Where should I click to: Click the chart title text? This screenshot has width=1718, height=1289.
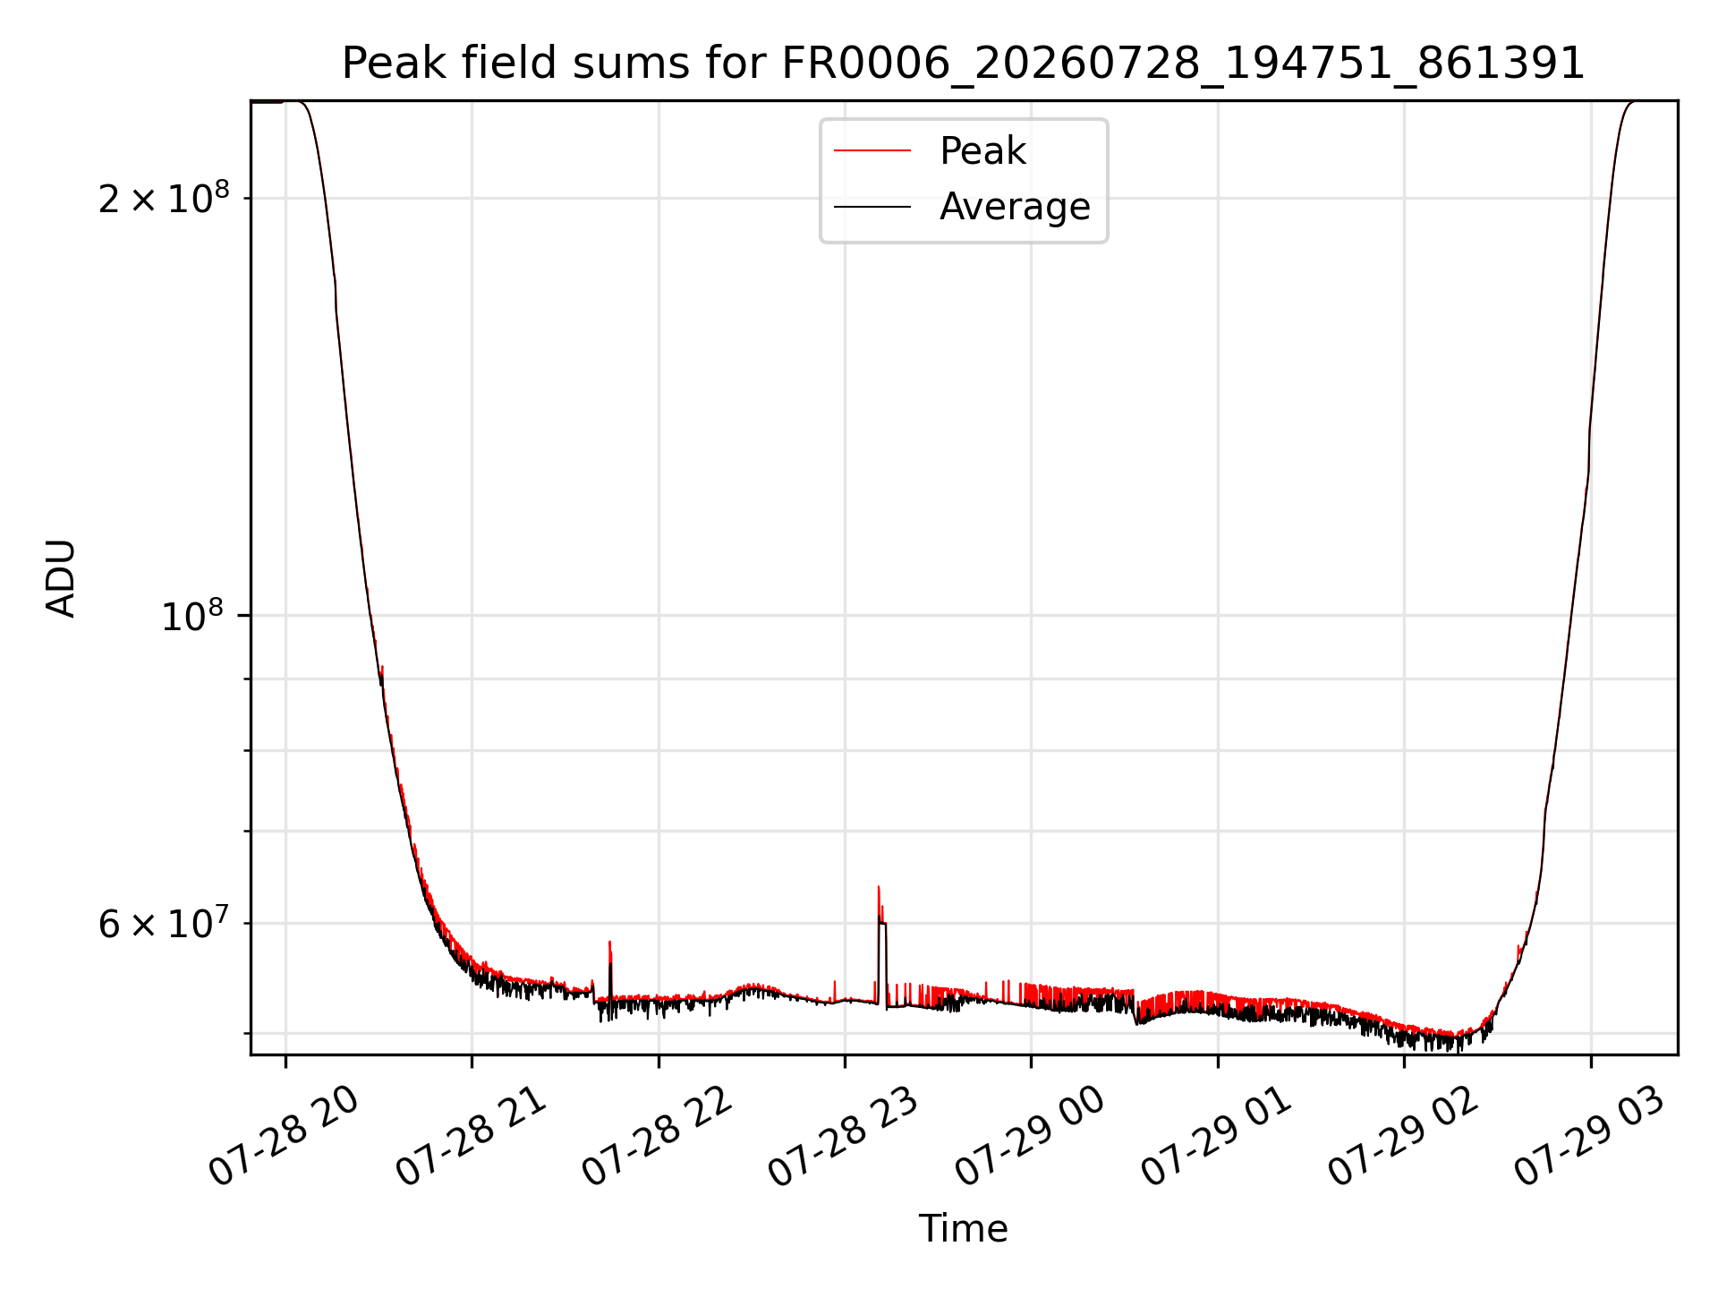(x=963, y=64)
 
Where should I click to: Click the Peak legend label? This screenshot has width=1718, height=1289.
(x=982, y=151)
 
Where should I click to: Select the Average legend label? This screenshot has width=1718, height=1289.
(x=1015, y=207)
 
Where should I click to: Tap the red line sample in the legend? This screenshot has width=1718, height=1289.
(x=872, y=151)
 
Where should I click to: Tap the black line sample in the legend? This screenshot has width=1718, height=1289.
(x=872, y=207)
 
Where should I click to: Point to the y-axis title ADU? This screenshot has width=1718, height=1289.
(x=61, y=578)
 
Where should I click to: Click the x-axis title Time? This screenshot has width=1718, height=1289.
(x=963, y=1229)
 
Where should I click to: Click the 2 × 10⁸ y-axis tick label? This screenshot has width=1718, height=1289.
(x=164, y=198)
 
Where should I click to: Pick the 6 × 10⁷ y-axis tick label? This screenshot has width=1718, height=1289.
(x=164, y=923)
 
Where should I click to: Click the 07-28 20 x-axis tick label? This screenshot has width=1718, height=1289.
(x=285, y=1137)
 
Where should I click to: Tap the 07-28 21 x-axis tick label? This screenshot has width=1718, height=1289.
(x=472, y=1137)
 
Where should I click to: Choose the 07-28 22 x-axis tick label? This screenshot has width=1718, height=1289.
(x=658, y=1137)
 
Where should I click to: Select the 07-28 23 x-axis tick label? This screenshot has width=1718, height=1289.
(x=844, y=1137)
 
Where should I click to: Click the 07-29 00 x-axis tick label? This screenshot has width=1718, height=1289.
(x=1031, y=1137)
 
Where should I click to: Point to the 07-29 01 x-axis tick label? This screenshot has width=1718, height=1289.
(x=1217, y=1137)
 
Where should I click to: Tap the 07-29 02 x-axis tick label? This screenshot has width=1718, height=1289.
(x=1403, y=1137)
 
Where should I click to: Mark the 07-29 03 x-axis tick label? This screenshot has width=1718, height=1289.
(x=1590, y=1137)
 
